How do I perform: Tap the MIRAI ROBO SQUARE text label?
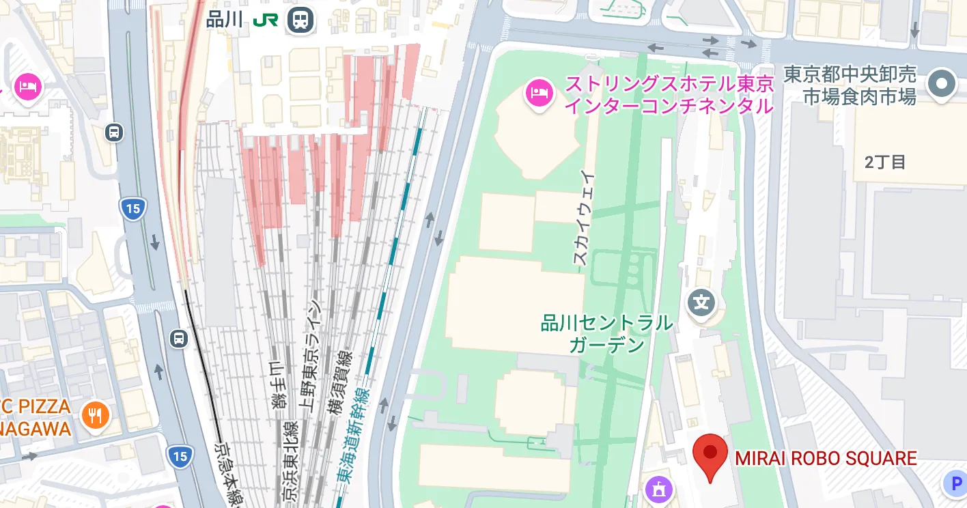[826, 458]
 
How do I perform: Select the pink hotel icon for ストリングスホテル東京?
[539, 93]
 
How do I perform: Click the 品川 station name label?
[225, 19]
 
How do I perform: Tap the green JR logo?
[265, 20]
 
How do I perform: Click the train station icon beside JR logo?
[300, 20]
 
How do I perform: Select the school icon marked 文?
[701, 301]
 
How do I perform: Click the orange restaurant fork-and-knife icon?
[96, 415]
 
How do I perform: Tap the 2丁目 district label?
[885, 162]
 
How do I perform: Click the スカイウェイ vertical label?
[583, 218]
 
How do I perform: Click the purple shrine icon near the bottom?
[659, 490]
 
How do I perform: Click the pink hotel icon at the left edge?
[28, 87]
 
